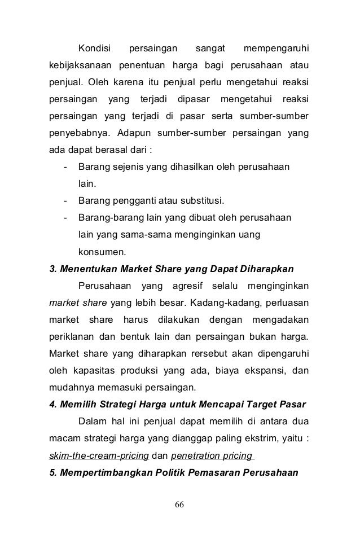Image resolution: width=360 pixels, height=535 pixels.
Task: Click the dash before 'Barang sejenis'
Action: point(67,167)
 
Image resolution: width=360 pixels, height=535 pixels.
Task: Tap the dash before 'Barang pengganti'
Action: point(67,201)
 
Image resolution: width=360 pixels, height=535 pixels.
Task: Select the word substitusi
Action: point(202,201)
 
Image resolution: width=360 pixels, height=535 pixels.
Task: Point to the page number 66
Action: point(180,504)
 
